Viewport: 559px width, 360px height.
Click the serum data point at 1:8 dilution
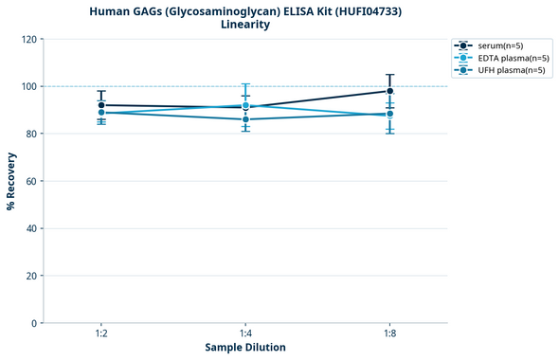click(x=389, y=91)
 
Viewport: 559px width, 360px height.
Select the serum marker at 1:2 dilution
click(x=101, y=105)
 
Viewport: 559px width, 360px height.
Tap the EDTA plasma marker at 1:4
click(x=245, y=105)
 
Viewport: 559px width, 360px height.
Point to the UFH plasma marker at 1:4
click(x=245, y=119)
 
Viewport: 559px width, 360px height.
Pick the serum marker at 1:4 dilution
click(x=245, y=108)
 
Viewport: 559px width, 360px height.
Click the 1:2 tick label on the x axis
click(x=101, y=333)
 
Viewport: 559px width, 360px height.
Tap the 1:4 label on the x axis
click(x=245, y=333)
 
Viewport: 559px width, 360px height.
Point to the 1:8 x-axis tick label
click(x=389, y=333)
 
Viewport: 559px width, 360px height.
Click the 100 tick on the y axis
click(x=28, y=86)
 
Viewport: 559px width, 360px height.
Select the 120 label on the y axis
click(x=28, y=39)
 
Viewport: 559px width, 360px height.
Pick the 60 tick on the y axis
click(x=31, y=181)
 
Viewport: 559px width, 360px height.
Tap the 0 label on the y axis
click(x=34, y=323)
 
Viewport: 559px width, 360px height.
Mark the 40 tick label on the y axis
click(x=31, y=228)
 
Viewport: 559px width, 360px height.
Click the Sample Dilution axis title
click(x=245, y=348)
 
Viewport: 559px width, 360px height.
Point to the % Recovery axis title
click(x=11, y=181)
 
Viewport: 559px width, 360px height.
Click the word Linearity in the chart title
click(x=245, y=25)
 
